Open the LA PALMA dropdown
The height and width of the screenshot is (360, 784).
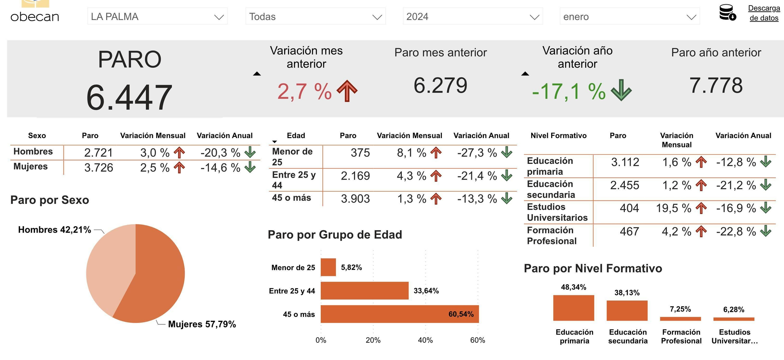[157, 17]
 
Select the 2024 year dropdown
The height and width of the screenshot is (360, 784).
[472, 17]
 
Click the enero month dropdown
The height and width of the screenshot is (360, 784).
[629, 17]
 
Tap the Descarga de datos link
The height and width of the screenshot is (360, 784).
[764, 13]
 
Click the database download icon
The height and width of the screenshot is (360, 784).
[727, 13]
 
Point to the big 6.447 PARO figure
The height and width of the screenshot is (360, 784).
[129, 98]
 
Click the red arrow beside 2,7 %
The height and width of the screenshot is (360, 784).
[347, 91]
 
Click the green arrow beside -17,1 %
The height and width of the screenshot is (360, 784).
[621, 90]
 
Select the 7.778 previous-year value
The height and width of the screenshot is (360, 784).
[716, 85]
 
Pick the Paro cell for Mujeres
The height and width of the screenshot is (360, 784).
[98, 168]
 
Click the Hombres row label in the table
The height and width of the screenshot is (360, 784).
[33, 152]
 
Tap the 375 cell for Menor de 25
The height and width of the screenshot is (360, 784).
[360, 153]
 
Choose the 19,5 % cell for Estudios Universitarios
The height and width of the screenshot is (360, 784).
[673, 208]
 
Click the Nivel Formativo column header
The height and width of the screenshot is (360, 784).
[558, 136]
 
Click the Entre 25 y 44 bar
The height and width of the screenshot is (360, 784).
[364, 291]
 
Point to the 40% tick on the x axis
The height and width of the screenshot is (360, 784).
[425, 340]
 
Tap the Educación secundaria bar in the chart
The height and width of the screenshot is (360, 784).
[627, 311]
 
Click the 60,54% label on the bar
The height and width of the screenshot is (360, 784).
[461, 314]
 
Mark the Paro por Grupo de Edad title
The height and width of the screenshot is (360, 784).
[335, 235]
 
